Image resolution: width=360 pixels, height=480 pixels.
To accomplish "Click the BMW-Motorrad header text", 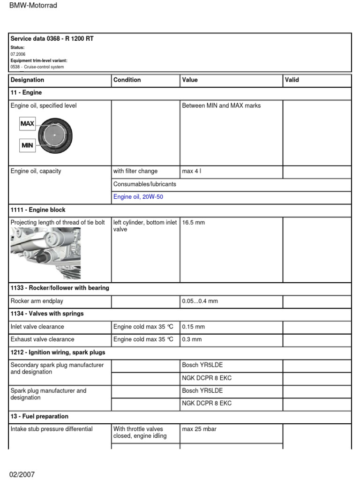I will [33, 6].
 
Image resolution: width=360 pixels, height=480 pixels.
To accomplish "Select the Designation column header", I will [27, 80].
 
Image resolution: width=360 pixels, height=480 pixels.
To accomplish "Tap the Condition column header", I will [127, 80].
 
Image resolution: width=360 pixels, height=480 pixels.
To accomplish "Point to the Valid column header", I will [292, 80].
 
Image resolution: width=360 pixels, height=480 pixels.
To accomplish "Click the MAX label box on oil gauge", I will [27, 124].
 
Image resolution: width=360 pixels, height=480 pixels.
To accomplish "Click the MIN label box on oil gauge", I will [27, 145].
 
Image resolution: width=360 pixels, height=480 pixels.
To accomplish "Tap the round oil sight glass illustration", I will [55, 135].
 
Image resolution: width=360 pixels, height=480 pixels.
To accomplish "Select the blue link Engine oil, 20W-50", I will [138, 197].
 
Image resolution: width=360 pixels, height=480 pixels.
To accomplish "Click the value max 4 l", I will [192, 171].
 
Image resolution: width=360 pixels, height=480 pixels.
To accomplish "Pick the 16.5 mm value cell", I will [193, 223].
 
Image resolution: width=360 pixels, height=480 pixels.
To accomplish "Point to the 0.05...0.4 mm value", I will [200, 301].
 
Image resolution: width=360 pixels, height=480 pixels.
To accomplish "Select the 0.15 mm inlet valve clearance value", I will [193, 327].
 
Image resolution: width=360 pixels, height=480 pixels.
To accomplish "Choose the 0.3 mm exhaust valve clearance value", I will [192, 339].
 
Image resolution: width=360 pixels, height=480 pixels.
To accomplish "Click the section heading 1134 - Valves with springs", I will [47, 314].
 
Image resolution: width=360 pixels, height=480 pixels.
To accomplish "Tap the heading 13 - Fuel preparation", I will [39, 416].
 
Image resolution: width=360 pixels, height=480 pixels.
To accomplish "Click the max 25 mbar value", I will [199, 429].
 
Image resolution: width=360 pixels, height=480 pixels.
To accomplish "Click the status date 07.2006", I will [18, 54].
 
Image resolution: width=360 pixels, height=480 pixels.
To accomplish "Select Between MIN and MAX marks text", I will [221, 106].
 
